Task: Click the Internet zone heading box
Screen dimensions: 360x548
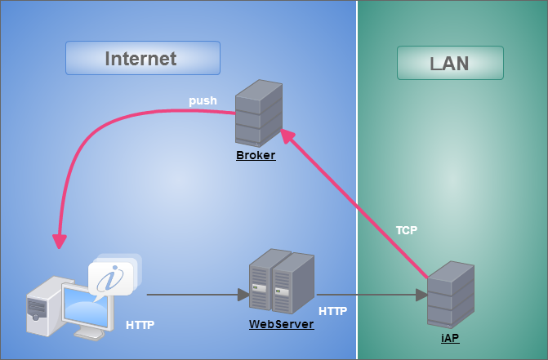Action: [142, 59]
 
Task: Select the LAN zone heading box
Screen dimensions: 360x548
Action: [449, 63]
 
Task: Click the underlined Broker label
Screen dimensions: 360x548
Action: [256, 155]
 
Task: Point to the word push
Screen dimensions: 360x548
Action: [203, 101]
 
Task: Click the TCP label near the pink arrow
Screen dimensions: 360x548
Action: [407, 230]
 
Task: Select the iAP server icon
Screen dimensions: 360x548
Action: [450, 295]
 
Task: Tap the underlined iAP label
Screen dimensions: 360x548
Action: [449, 338]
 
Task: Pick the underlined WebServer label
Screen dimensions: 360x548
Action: [281, 324]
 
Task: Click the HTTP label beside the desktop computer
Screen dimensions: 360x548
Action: [140, 325]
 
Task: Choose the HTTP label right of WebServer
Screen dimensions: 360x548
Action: [332, 311]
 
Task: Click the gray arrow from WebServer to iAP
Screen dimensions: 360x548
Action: [371, 294]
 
